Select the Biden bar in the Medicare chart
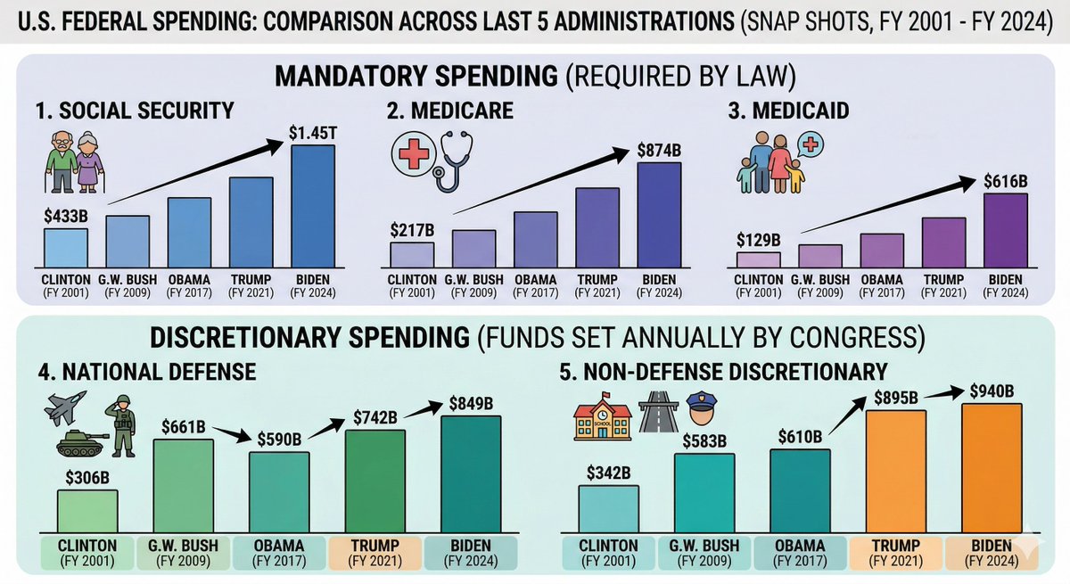(x=659, y=215)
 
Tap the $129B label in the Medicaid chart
(x=759, y=240)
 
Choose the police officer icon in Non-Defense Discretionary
(x=702, y=416)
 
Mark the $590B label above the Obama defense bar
(x=279, y=440)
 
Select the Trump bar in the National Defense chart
(x=375, y=482)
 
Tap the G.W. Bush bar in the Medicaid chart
(x=820, y=256)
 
